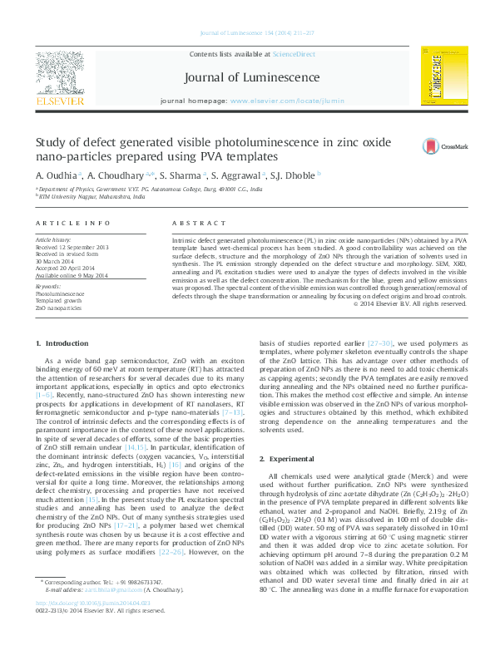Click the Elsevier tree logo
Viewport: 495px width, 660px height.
[60, 73]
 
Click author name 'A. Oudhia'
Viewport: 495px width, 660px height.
[57, 175]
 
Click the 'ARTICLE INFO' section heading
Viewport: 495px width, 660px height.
[73, 224]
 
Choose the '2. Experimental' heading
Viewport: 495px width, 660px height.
[290, 460]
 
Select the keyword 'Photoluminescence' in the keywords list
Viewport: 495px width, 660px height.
[60, 294]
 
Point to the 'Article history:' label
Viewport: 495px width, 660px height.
[53, 240]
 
